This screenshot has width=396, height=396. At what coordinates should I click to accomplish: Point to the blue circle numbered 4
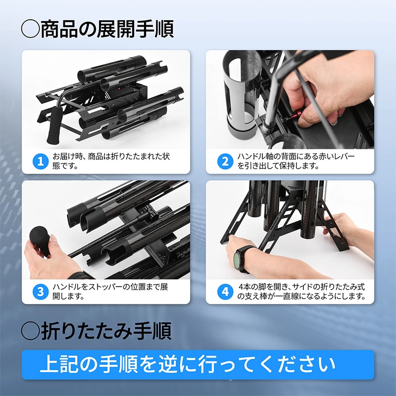point(225,291)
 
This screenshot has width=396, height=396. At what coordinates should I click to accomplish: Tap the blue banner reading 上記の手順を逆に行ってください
point(198,365)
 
